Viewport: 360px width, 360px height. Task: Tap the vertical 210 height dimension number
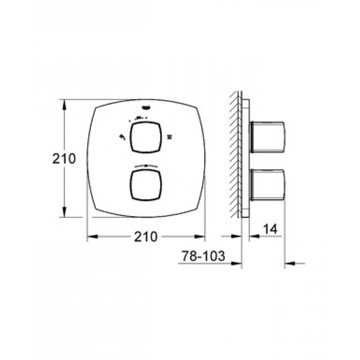[x=64, y=159]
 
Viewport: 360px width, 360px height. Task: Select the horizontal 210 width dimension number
[x=146, y=237]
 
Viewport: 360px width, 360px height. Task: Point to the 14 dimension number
[x=270, y=229]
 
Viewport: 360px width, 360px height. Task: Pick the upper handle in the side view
[x=268, y=137]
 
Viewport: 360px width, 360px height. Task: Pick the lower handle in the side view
[x=268, y=185]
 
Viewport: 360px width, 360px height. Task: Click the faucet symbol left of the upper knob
[x=122, y=137]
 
